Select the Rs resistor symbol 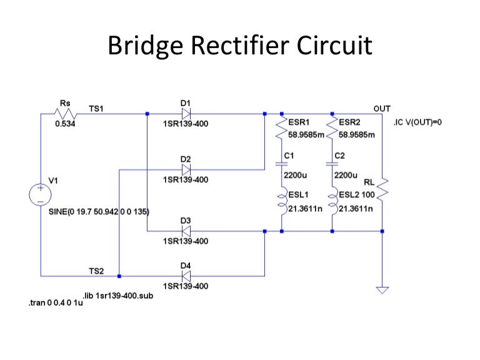[64, 114]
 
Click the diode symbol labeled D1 [186, 114]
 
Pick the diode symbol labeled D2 [186, 169]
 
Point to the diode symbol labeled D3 [186, 231]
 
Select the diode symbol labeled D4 [186, 276]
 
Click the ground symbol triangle [382, 289]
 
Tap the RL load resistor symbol [382, 187]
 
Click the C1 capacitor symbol [281, 164]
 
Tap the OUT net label [381, 109]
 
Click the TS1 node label [96, 109]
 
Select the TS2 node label [96, 271]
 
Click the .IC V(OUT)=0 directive [417, 122]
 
